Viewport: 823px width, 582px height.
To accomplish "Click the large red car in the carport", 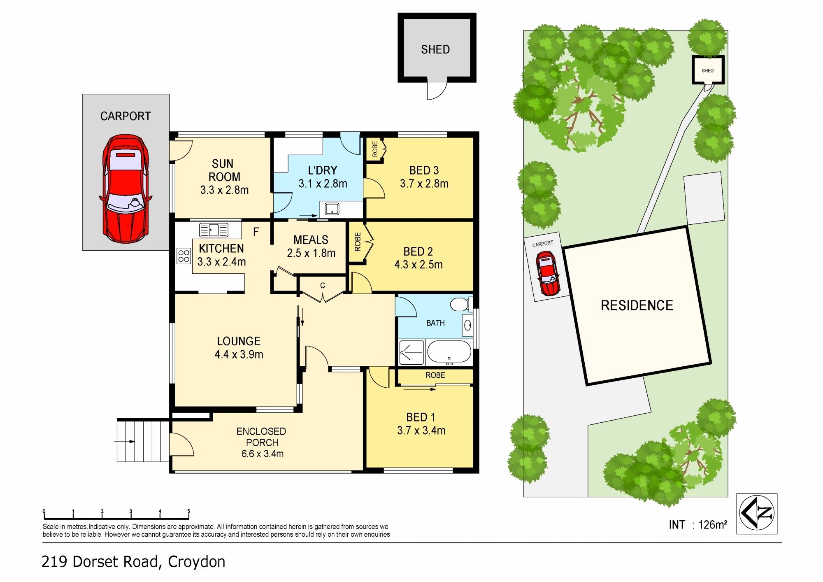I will point(126,189).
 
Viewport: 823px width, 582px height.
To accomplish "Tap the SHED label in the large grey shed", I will point(435,50).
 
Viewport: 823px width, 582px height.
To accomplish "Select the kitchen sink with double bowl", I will point(214,230).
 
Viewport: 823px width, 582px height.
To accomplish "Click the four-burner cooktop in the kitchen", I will point(184,256).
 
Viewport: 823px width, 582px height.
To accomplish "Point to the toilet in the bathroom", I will point(460,305).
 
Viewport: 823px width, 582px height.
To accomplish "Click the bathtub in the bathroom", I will point(449,352).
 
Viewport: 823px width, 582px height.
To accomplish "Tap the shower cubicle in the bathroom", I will point(411,352).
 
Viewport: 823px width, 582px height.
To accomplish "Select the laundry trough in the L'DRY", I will point(332,209).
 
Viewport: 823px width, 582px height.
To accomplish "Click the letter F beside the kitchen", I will point(256,232).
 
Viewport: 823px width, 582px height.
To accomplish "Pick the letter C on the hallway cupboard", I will point(323,285).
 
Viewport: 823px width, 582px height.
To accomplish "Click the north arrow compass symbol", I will point(757,513).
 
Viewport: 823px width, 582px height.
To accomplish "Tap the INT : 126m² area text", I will point(698,525).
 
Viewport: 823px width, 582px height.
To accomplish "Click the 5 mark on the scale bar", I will point(188,512).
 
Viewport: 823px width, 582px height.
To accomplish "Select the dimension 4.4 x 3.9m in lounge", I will point(239,354).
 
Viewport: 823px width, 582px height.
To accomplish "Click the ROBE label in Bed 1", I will point(435,375).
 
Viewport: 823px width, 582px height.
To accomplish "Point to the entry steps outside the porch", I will point(143,441).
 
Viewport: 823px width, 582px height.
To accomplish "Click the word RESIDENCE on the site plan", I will point(637,305).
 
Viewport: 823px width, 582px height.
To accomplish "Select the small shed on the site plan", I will point(708,70).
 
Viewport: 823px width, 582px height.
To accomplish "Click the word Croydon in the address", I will point(196,562).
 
